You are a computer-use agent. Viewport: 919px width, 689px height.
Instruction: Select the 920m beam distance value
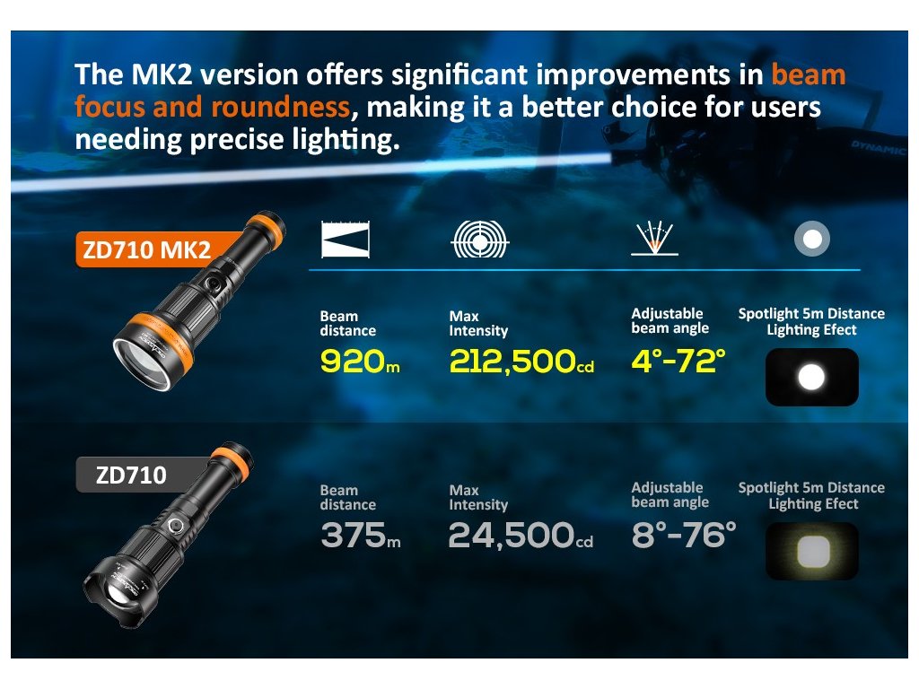[360, 361]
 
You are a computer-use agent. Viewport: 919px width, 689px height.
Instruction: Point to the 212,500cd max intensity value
[521, 361]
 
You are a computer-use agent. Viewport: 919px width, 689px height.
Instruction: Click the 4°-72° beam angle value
[678, 361]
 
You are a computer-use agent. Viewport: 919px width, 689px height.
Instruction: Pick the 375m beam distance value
[361, 535]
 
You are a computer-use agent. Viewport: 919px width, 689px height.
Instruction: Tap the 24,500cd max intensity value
[521, 535]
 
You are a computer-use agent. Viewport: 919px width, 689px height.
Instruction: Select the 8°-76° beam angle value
[683, 535]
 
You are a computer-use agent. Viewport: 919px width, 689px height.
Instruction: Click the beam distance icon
[346, 240]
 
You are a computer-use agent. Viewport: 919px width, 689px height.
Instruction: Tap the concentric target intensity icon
[480, 240]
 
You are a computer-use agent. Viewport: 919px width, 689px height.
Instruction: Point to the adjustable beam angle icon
[654, 239]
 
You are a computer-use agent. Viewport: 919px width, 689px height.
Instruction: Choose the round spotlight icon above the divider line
[811, 239]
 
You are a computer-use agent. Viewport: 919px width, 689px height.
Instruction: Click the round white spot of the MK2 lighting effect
[811, 377]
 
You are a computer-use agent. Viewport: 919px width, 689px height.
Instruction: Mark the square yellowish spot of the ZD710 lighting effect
[813, 552]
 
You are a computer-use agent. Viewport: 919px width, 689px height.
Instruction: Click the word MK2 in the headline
[162, 75]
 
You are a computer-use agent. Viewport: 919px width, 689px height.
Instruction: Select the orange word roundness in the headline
[280, 108]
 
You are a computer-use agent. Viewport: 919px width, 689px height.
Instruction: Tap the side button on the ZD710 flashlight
[175, 526]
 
